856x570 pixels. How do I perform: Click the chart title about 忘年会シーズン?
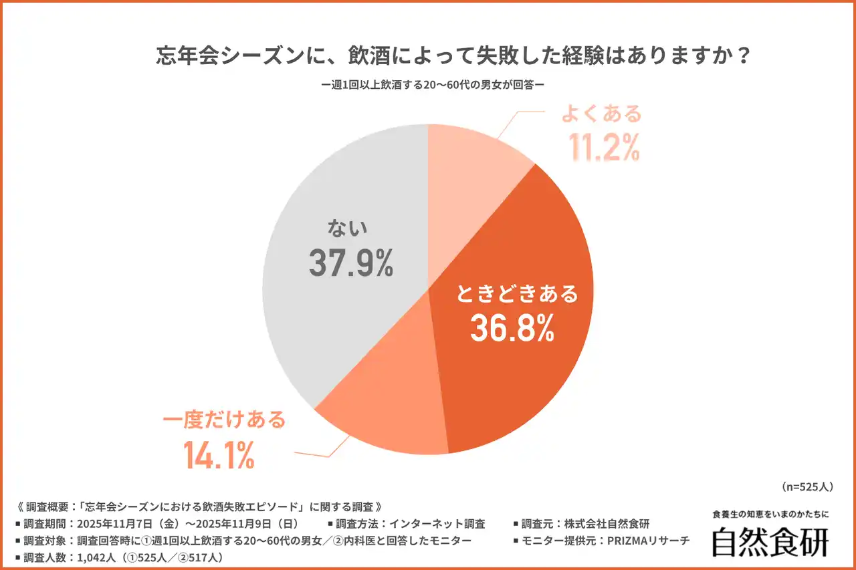(x=451, y=56)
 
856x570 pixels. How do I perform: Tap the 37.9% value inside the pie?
(x=350, y=263)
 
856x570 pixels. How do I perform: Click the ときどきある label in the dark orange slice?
(x=516, y=293)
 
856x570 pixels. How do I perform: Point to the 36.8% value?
(x=512, y=328)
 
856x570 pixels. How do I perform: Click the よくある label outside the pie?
(x=601, y=114)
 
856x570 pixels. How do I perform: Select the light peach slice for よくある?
(x=471, y=160)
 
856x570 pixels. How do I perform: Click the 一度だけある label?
(x=225, y=420)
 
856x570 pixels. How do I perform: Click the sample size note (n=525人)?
(x=811, y=486)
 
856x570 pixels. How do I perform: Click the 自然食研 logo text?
(x=770, y=542)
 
